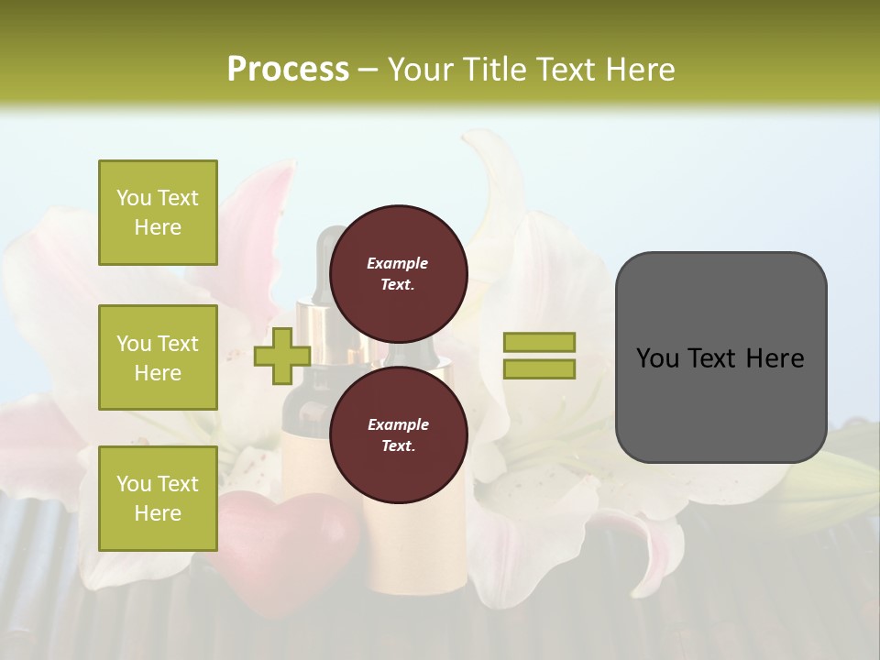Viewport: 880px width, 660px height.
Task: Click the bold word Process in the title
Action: tap(288, 70)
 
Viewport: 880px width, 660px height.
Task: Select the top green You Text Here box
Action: tap(158, 213)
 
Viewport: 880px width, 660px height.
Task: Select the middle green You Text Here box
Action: tap(158, 357)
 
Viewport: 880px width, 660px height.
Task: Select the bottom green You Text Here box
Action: tap(158, 498)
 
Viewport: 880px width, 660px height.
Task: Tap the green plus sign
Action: tap(282, 356)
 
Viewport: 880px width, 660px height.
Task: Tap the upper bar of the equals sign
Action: tap(539, 343)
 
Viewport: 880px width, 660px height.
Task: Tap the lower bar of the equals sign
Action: tap(539, 368)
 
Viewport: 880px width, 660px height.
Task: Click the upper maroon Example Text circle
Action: tap(398, 273)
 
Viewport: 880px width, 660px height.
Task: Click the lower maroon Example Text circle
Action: tap(398, 434)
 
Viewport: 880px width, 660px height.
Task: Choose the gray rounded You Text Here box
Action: tap(720, 357)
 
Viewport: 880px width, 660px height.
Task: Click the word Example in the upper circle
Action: tap(398, 263)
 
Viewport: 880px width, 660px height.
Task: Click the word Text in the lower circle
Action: tap(398, 446)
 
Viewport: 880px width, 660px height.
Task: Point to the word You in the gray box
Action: tap(656, 358)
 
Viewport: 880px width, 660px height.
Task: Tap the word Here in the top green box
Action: tap(158, 227)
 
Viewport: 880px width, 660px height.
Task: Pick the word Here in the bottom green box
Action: tap(158, 513)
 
